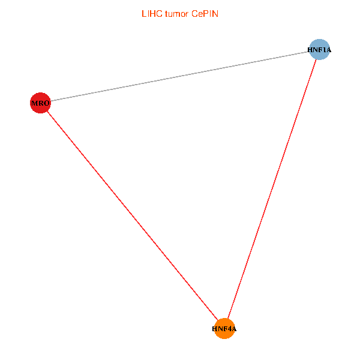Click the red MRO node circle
tap(40, 103)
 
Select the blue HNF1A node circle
tap(320, 50)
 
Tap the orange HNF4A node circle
tap(224, 329)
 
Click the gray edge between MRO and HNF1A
tap(180, 76)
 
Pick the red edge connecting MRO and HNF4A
tap(132, 216)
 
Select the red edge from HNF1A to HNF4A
tap(272, 189)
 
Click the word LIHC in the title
tap(151, 13)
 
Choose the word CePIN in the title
tap(204, 13)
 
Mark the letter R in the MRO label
tap(40, 103)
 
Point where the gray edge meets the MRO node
tap(50, 101)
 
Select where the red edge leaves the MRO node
tap(47, 111)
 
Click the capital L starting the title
tap(143, 13)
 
